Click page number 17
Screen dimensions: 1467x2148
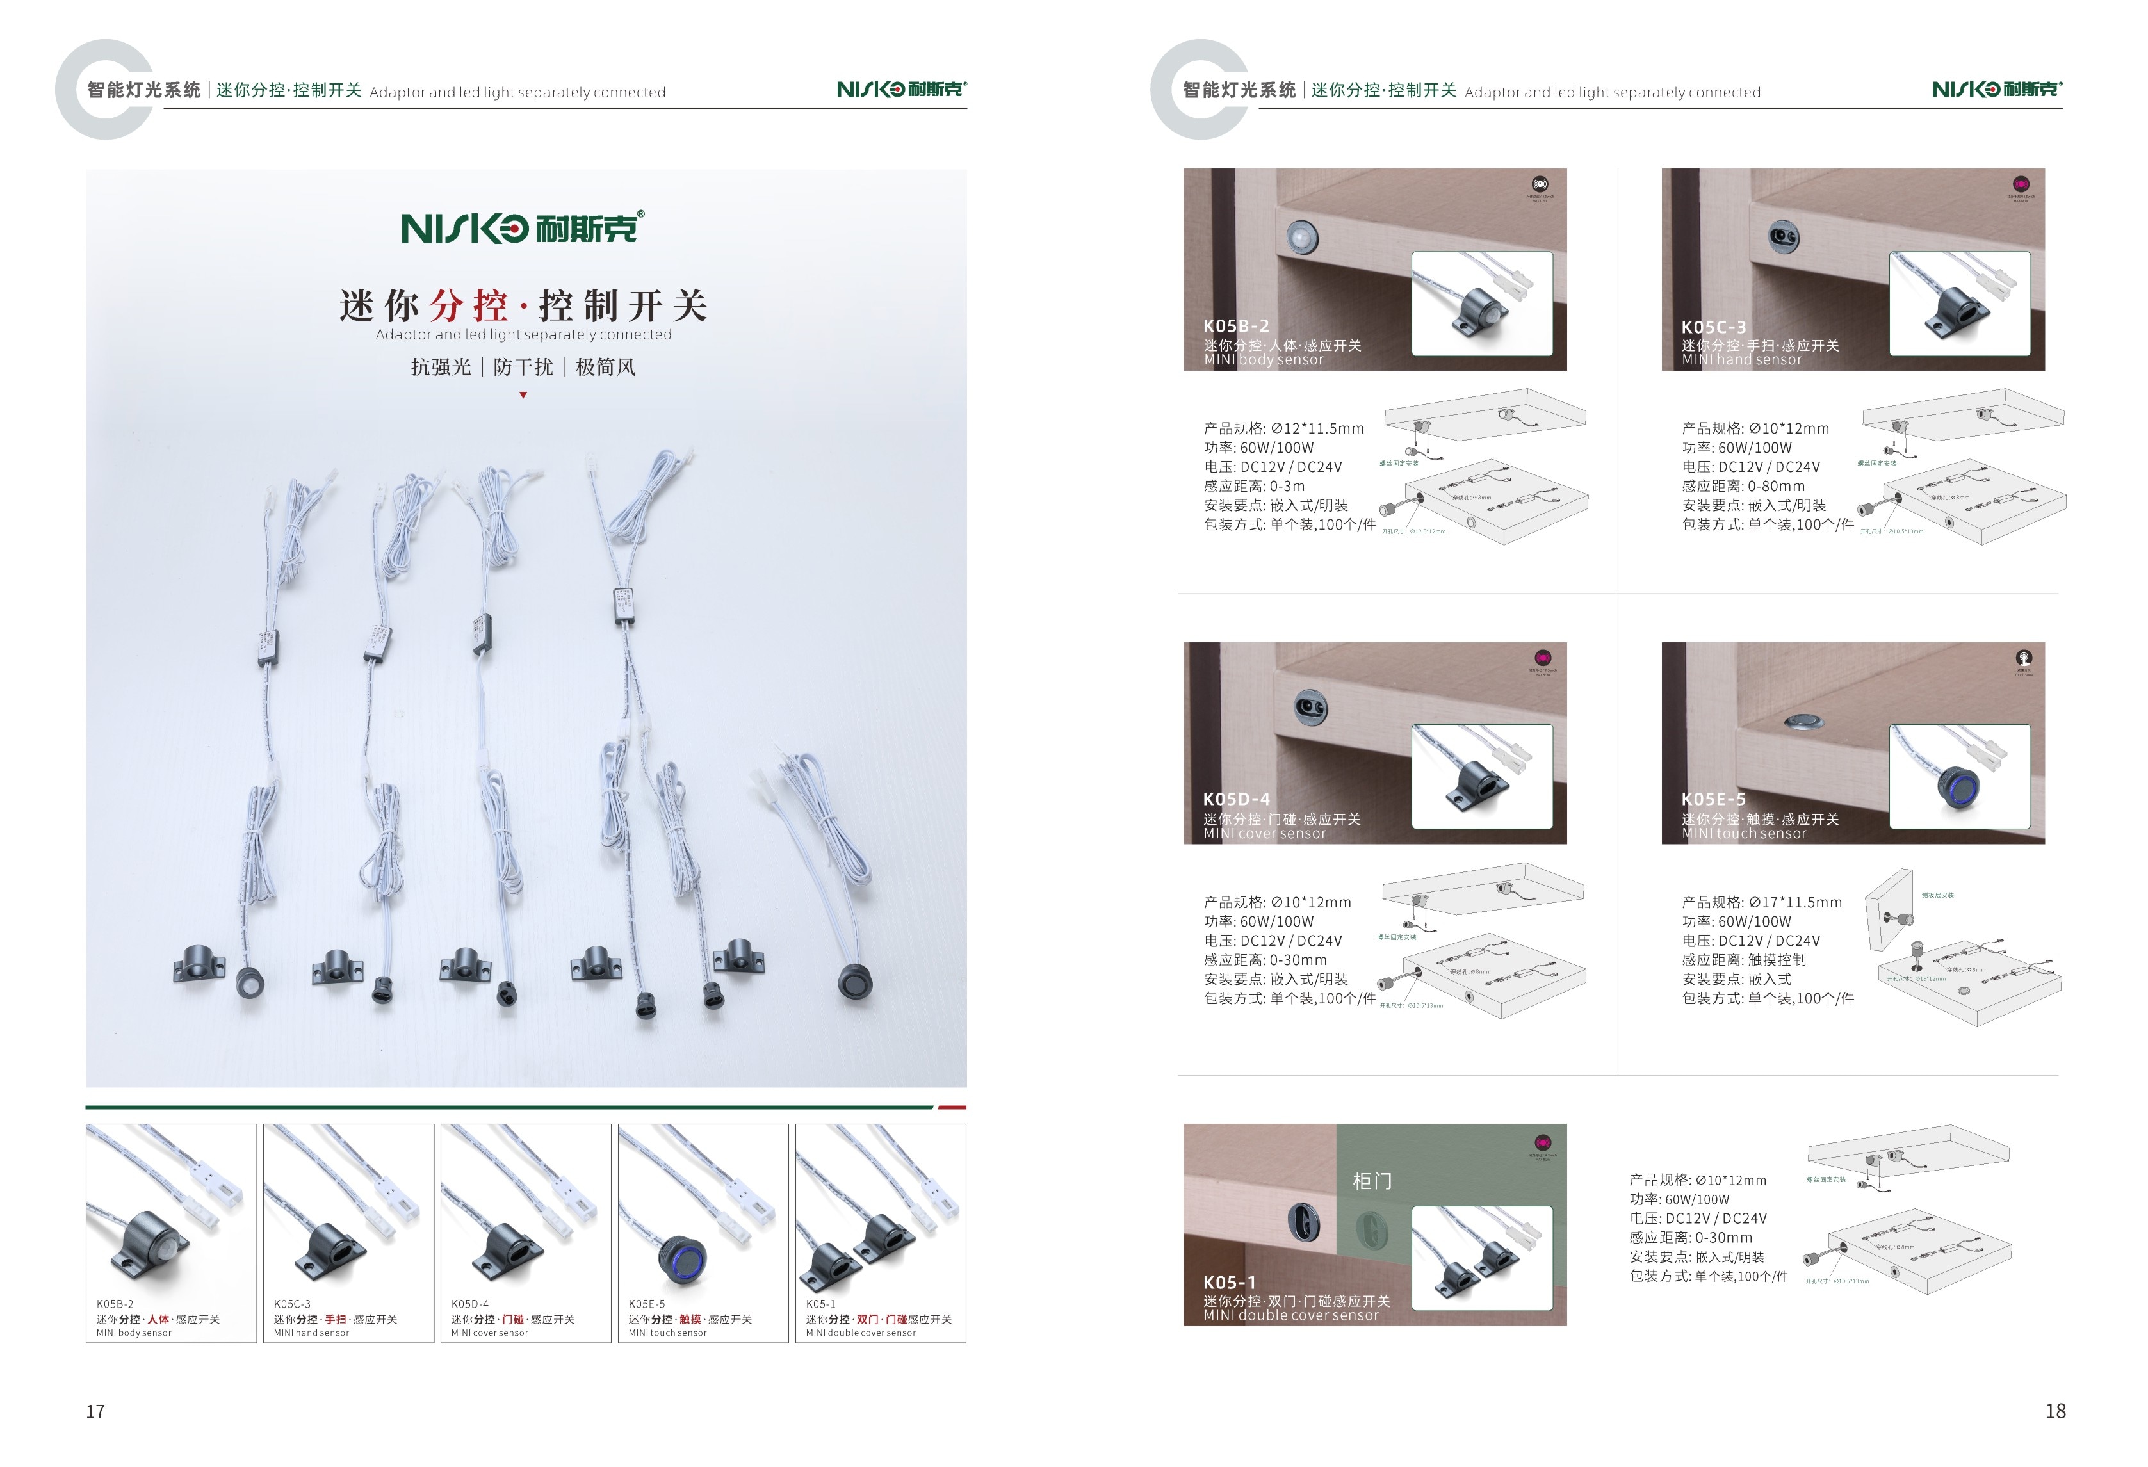(95, 1411)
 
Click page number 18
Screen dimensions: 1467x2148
(2054, 1411)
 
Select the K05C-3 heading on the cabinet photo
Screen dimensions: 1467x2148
(1714, 327)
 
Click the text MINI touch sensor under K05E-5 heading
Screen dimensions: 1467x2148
(1743, 834)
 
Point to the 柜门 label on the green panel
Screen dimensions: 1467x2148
(1372, 1180)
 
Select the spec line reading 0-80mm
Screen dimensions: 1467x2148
(1742, 486)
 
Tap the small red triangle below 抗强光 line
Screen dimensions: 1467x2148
(523, 394)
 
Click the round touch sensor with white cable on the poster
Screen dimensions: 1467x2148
(855, 981)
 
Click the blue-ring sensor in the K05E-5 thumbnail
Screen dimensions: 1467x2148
(681, 1258)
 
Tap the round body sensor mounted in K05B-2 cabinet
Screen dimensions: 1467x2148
(1302, 238)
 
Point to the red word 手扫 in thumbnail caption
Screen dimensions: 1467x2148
(336, 1319)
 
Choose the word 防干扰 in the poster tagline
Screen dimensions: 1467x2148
(523, 367)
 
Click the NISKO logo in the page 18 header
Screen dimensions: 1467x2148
(1996, 89)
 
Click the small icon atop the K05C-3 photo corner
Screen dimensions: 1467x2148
(2021, 184)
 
